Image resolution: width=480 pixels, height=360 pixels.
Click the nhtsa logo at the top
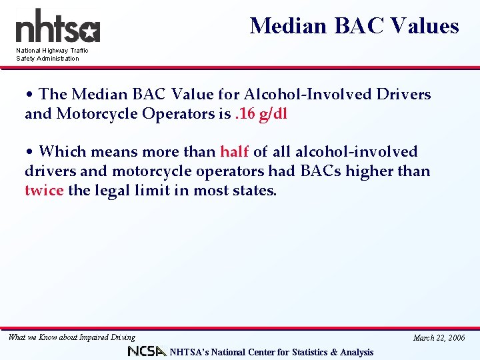(x=57, y=27)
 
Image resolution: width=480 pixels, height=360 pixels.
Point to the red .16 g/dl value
(x=261, y=113)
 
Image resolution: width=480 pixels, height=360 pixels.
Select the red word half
(x=234, y=152)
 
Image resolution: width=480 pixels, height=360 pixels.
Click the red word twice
(x=44, y=191)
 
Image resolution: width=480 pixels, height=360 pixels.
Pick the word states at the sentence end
(x=255, y=191)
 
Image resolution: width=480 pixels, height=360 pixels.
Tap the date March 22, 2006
(x=439, y=338)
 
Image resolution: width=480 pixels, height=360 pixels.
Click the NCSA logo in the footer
(x=147, y=351)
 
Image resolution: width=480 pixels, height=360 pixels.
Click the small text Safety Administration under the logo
(x=47, y=59)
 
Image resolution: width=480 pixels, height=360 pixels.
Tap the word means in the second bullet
(x=109, y=152)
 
